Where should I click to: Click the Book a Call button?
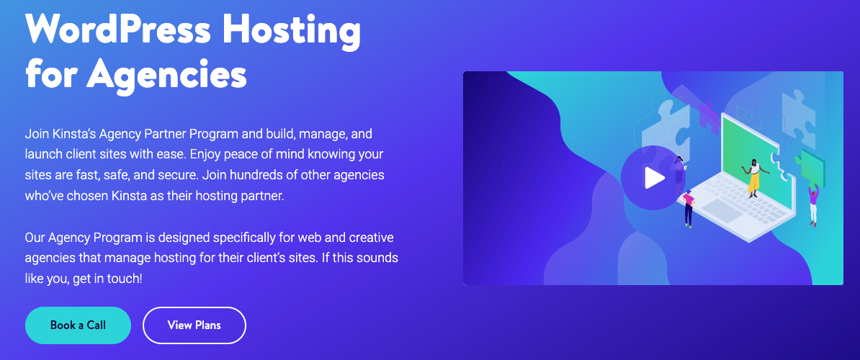[78, 325]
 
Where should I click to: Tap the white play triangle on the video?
[654, 178]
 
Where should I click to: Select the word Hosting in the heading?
[292, 31]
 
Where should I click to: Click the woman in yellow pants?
[754, 177]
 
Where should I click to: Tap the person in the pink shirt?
[689, 208]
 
